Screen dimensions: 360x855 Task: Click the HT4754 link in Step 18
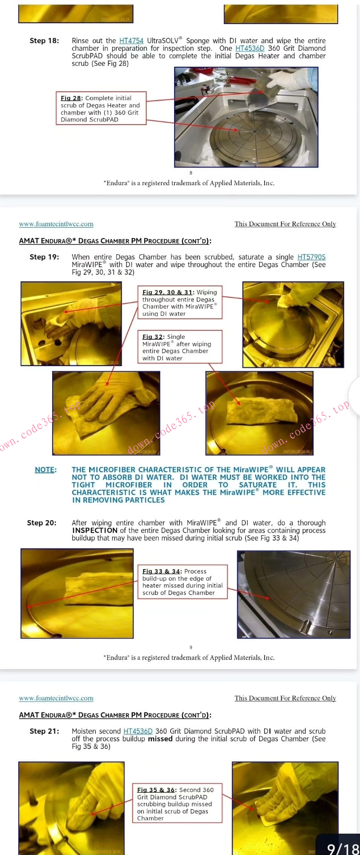point(131,41)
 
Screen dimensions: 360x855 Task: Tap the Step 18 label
point(44,41)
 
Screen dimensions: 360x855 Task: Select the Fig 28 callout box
point(101,108)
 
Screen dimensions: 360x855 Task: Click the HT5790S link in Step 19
point(311,257)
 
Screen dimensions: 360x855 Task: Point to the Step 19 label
point(44,257)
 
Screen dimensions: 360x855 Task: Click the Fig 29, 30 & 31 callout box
point(180,302)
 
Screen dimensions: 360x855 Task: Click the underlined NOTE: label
point(45,470)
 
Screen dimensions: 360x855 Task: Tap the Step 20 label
point(41,523)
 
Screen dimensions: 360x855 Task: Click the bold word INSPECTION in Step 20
point(94,530)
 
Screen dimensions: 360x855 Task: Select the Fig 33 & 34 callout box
point(183,582)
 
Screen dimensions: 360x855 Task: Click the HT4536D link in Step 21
point(138,731)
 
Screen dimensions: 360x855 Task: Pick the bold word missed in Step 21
point(160,739)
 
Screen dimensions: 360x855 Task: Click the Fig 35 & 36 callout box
point(177,803)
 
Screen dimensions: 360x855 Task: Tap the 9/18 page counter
point(342,848)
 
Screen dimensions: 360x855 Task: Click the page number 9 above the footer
point(191,647)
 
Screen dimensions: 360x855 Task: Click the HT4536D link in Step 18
point(250,48)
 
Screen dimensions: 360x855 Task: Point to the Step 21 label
point(44,731)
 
